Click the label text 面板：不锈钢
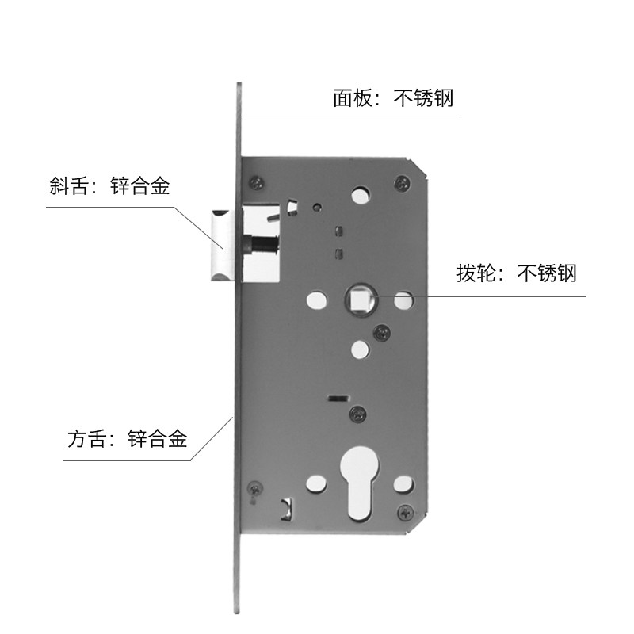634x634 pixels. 393,99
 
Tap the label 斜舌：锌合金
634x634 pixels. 109,187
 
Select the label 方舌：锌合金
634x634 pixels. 128,438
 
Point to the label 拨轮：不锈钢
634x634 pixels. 516,274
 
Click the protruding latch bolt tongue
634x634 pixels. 221,245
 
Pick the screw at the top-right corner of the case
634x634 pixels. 403,183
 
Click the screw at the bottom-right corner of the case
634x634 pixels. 405,512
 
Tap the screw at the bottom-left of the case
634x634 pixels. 255,487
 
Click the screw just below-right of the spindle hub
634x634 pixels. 383,330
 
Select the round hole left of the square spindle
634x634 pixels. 315,300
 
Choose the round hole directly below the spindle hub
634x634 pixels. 358,349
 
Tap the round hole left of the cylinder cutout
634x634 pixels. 315,482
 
